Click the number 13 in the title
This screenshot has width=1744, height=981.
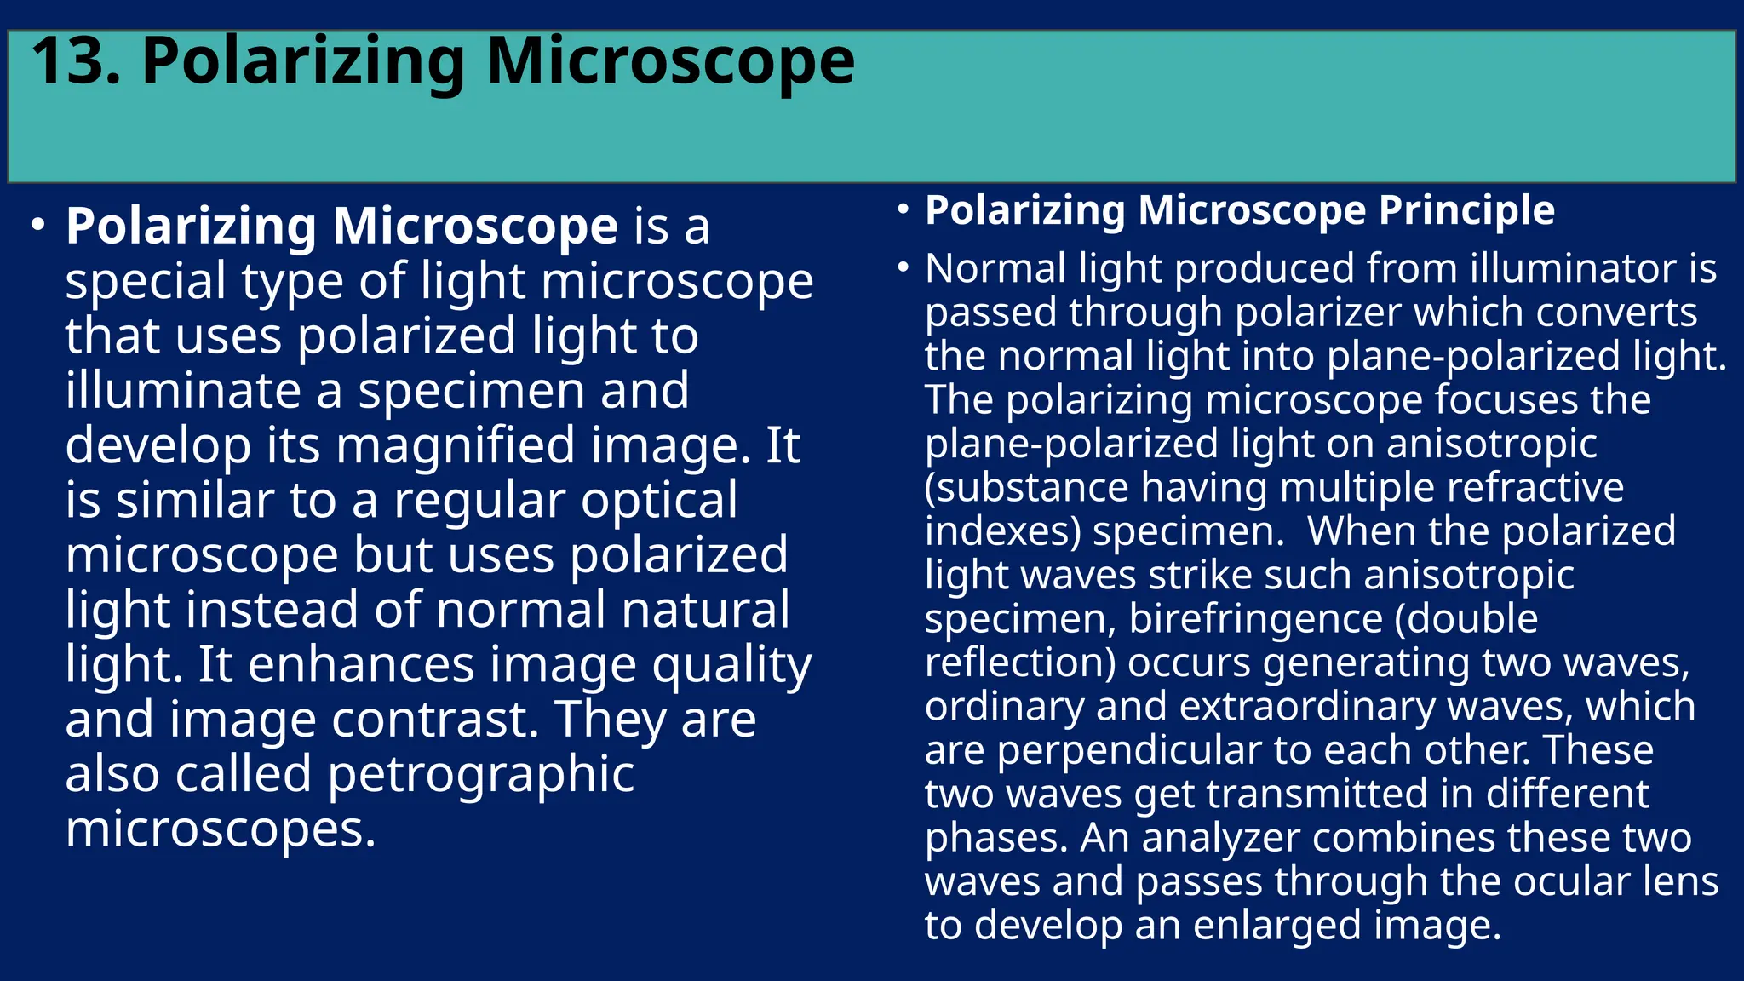click(x=75, y=62)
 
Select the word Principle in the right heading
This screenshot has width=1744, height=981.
click(x=1466, y=210)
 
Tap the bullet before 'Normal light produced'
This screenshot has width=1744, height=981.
click(x=904, y=268)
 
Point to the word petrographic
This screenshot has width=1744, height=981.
click(x=480, y=776)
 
